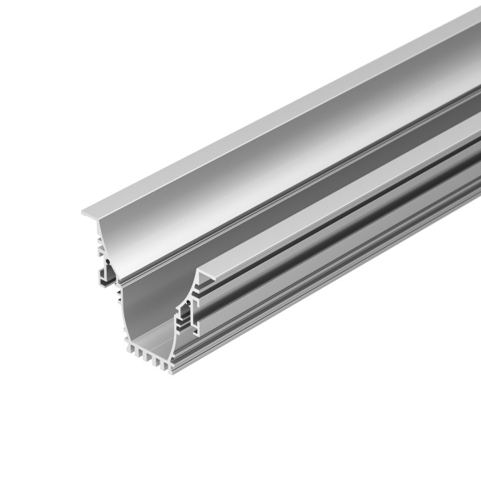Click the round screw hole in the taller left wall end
103,261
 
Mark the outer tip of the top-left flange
83,213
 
